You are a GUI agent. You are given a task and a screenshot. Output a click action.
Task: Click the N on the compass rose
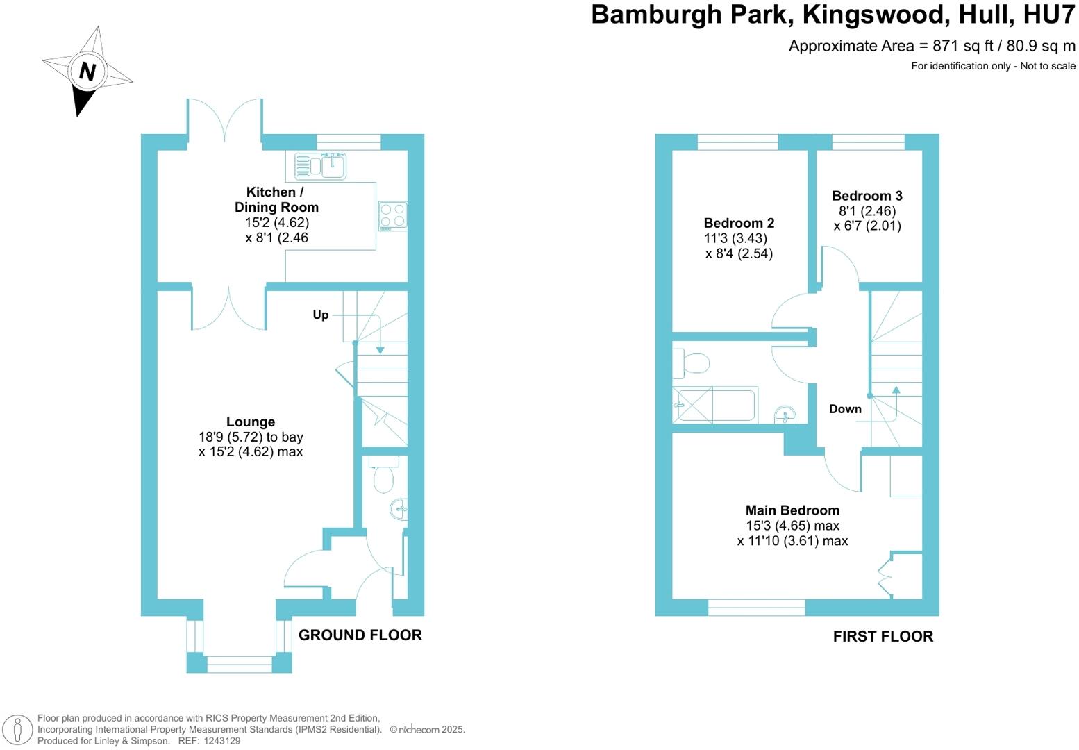pos(87,71)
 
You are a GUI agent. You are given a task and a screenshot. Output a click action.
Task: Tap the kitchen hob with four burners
pos(392,215)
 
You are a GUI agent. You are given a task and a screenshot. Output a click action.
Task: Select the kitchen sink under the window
pos(321,166)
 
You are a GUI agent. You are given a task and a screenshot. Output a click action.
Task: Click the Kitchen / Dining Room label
pos(276,199)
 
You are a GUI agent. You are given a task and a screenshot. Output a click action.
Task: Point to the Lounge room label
pos(251,422)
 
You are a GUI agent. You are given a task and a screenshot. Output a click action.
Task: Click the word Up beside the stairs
pos(320,315)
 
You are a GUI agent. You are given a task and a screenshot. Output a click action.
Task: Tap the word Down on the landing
pos(845,409)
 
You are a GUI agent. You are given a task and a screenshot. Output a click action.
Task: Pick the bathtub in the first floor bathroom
pos(714,406)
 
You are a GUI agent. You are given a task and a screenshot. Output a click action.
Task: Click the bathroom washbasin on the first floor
pos(786,415)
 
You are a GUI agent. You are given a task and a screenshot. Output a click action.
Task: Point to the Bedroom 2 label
pos(739,223)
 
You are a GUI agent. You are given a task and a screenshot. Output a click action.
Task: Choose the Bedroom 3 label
pos(867,196)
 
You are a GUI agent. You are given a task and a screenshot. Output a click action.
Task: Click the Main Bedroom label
pos(792,510)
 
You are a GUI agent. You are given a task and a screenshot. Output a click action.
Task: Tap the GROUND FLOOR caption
pos(360,635)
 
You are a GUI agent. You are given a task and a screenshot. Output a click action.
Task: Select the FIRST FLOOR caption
pos(883,636)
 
